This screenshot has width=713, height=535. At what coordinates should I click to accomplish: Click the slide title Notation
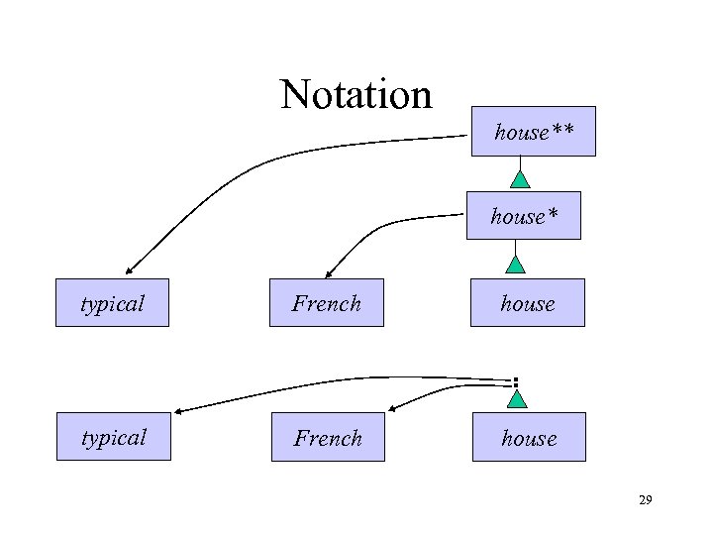coord(356,95)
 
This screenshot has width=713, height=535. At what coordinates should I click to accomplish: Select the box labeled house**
coord(533,132)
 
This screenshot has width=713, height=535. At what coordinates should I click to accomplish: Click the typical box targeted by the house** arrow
coord(113,303)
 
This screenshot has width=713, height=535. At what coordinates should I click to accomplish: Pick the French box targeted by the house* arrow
coord(327,303)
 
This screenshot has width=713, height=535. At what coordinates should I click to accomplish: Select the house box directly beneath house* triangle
coord(528,303)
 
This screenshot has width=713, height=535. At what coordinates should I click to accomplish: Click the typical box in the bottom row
coord(114,437)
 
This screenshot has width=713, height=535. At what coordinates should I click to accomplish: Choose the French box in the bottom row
coord(328,437)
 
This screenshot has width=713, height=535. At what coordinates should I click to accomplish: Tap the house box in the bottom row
coord(529,437)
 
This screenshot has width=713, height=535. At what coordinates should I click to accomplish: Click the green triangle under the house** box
coord(521,179)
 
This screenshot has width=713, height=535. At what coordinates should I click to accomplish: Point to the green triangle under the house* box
coord(515,265)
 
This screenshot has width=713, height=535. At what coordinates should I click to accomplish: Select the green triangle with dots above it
coord(517,398)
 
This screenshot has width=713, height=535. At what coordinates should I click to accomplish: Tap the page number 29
coord(645,502)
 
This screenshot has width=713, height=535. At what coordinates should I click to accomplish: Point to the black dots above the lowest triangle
coord(516,381)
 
